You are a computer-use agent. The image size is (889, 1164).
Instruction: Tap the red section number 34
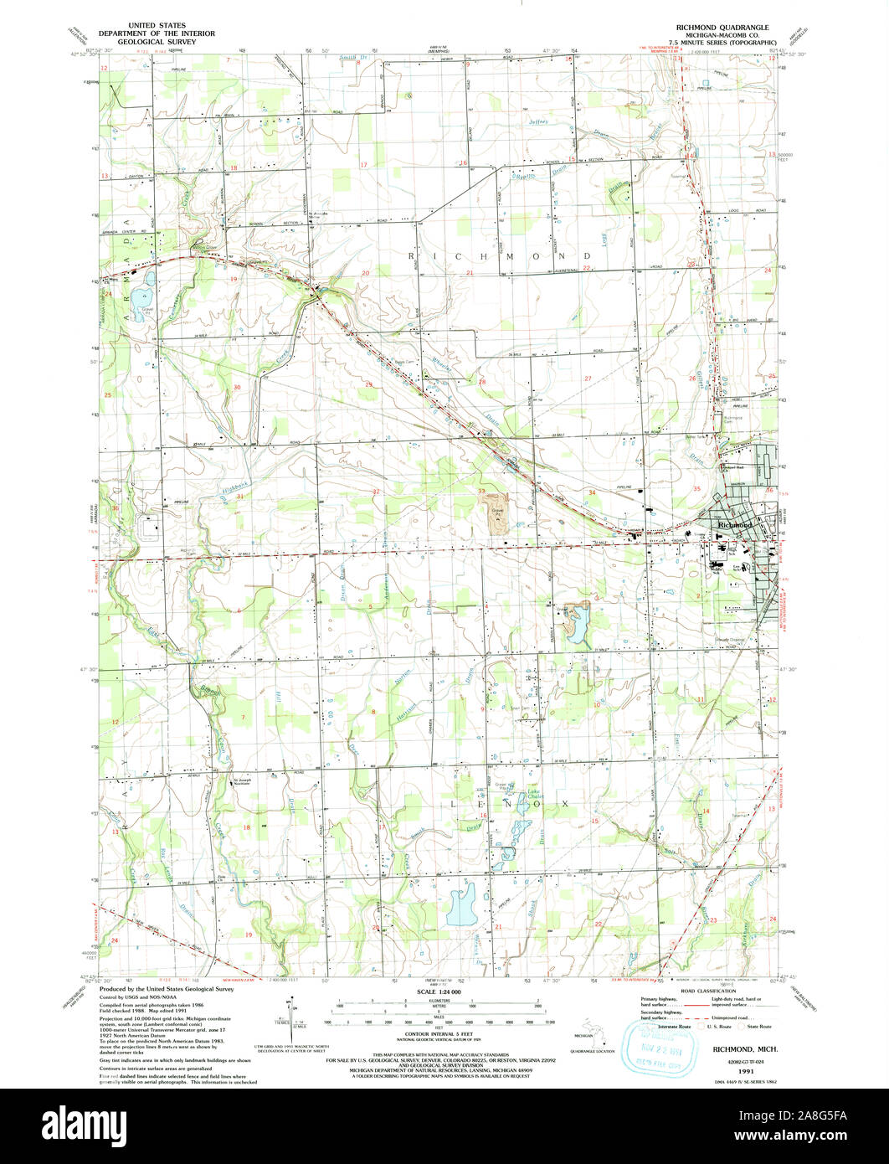pyautogui.click(x=592, y=492)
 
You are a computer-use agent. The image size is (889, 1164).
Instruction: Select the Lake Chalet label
pyautogui.click(x=533, y=795)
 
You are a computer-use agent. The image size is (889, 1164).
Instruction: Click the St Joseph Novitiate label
pyautogui.click(x=242, y=781)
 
